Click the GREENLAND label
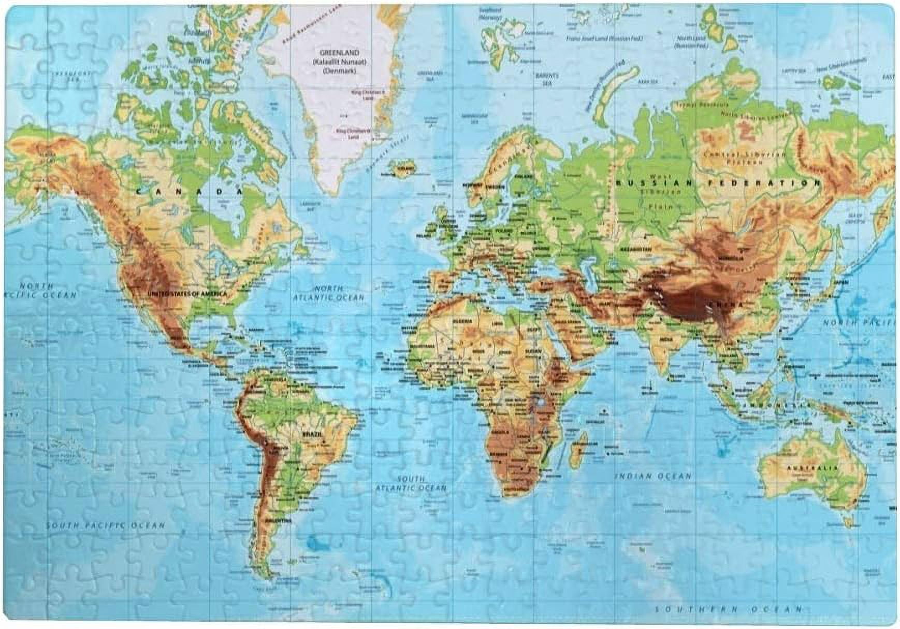pos(339,53)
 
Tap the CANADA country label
pos(190,192)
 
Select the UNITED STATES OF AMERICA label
pos(187,294)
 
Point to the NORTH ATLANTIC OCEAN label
pos(329,293)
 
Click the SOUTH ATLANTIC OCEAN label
pos(411,483)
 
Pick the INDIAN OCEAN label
pos(653,476)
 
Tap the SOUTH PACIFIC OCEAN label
pos(106,525)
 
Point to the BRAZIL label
pos(312,434)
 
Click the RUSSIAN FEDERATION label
pos(717,183)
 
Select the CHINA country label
pos(726,305)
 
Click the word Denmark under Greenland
pos(339,71)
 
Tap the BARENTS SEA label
pos(547,79)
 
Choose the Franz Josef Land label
pos(604,38)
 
